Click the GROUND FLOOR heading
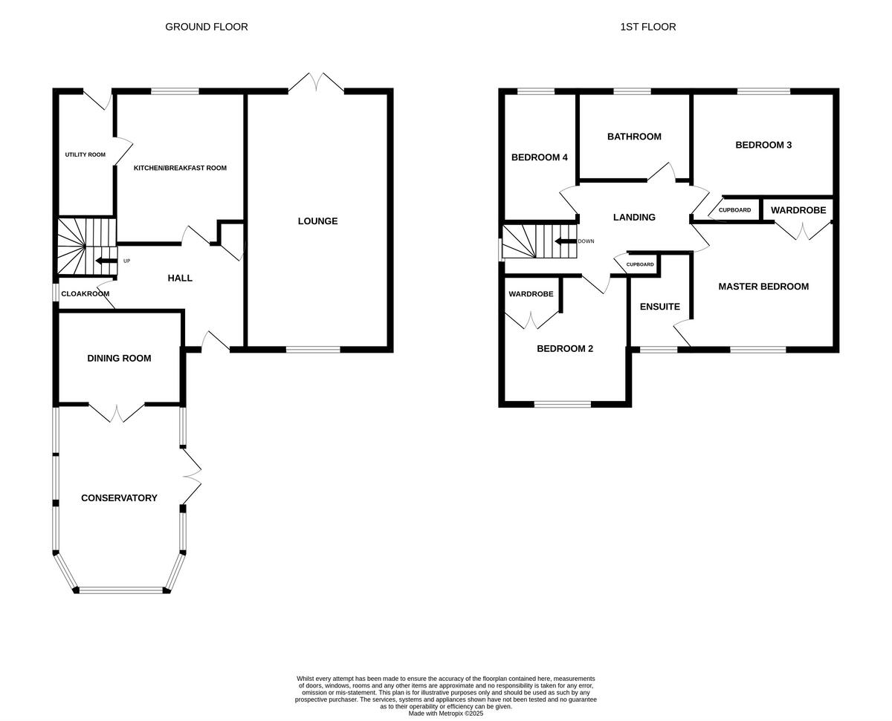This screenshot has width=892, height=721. [x=207, y=27]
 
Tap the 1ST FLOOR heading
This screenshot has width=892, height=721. [x=648, y=27]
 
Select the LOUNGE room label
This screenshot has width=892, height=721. [x=317, y=221]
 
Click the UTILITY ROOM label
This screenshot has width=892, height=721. [x=85, y=154]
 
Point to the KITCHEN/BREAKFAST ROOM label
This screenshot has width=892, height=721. [x=180, y=168]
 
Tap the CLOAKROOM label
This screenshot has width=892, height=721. [x=85, y=294]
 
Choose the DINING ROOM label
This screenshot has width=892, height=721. [x=119, y=359]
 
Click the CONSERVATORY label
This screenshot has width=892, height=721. [x=119, y=498]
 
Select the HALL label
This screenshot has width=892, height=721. [x=180, y=278]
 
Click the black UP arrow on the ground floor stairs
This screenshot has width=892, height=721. [x=106, y=261]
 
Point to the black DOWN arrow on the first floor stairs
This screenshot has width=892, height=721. [x=566, y=241]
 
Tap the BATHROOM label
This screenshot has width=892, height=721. [x=634, y=137]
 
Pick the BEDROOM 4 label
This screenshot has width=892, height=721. [x=540, y=157]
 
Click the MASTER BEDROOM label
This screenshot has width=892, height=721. [x=763, y=287]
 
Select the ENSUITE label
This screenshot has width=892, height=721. [x=660, y=307]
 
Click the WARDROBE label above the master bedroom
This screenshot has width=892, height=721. [x=798, y=210]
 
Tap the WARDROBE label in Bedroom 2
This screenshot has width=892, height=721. [x=531, y=294]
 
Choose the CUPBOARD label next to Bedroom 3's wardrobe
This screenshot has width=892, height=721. [x=734, y=210]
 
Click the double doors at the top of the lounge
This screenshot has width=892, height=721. [x=317, y=82]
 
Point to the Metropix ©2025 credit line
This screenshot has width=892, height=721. [x=446, y=713]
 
